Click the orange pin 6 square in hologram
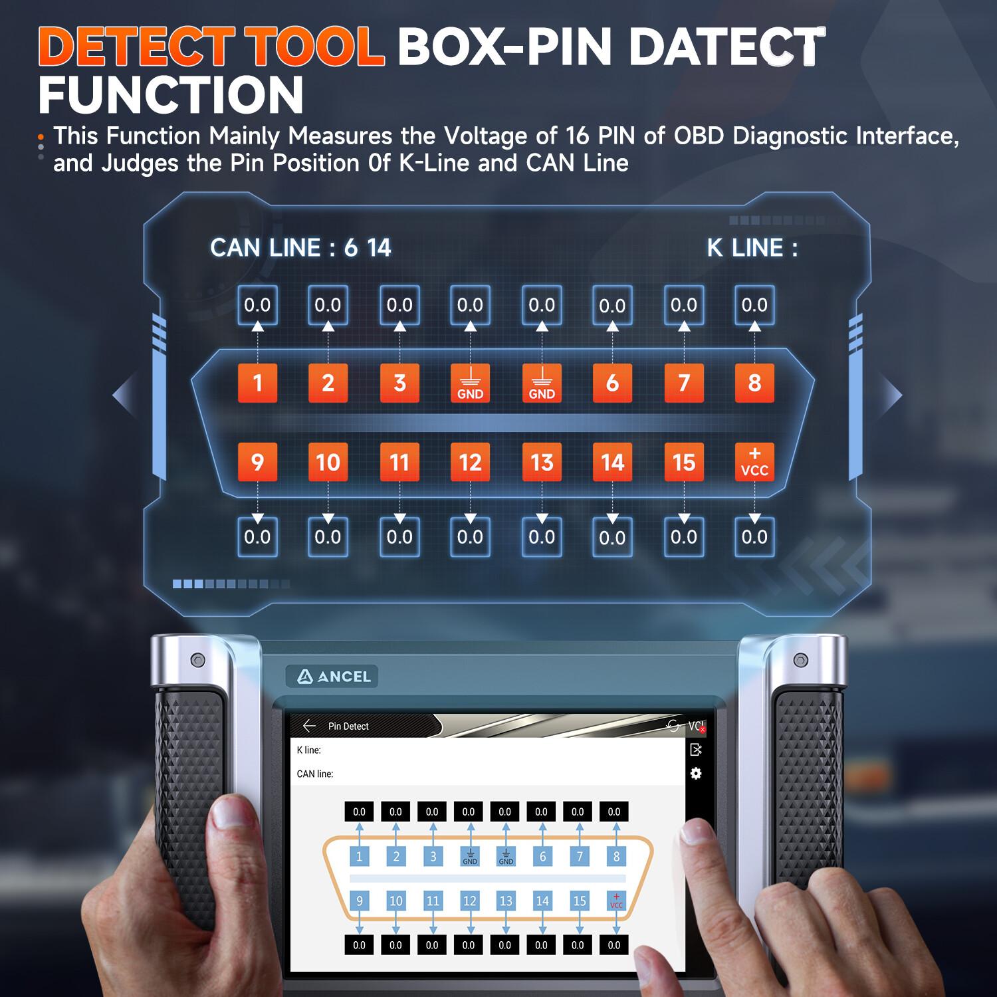[x=612, y=383]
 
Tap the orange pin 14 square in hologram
[x=612, y=462]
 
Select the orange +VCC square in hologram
[x=754, y=462]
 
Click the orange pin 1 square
[x=257, y=383]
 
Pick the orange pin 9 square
[x=257, y=462]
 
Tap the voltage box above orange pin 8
[x=754, y=305]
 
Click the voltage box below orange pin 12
[x=470, y=537]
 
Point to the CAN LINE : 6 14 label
[x=300, y=248]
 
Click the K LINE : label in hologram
[x=752, y=248]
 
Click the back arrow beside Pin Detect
[x=309, y=726]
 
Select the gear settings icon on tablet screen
[x=696, y=774]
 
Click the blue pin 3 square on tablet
[x=433, y=856]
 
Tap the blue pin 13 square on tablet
[x=506, y=901]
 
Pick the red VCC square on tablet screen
[x=616, y=901]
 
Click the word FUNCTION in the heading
[x=171, y=94]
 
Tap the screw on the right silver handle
[x=801, y=660]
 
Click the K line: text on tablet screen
[x=308, y=750]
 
